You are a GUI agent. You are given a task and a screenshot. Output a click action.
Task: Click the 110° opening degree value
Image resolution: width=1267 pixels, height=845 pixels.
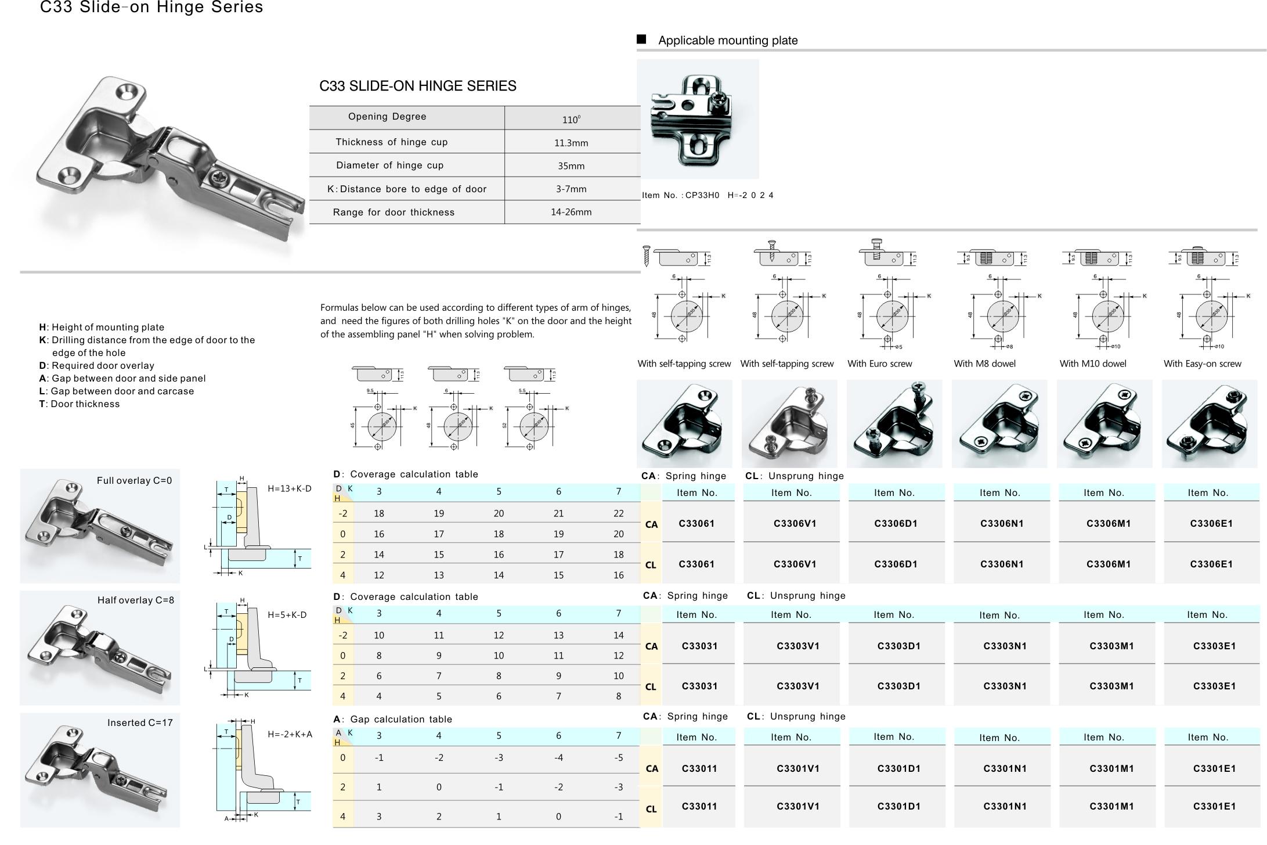click(571, 120)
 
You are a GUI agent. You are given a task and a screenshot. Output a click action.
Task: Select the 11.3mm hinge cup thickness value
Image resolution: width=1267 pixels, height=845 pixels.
click(571, 143)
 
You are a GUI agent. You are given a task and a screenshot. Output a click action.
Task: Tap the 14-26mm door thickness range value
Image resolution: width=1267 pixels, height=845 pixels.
click(571, 212)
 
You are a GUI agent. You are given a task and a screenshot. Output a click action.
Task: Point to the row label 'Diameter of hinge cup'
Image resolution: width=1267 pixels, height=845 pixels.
click(389, 166)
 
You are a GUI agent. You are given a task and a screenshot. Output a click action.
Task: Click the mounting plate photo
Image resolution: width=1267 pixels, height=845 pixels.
click(697, 119)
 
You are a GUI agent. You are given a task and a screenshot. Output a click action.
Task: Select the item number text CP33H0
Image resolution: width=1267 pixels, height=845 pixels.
click(702, 195)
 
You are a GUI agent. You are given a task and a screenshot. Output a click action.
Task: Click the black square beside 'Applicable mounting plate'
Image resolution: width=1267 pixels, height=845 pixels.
click(641, 39)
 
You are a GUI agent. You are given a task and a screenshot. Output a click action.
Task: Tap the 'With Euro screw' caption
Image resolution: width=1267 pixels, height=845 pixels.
click(879, 364)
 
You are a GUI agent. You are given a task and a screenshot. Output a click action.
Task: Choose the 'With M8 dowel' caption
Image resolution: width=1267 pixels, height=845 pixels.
click(984, 364)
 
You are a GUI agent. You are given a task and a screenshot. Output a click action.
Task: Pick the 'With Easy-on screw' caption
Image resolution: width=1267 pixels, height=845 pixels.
click(1202, 364)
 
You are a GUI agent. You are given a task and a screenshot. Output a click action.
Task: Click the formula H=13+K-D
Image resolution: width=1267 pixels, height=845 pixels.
click(289, 489)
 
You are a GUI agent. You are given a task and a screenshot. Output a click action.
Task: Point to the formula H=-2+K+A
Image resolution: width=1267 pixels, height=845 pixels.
click(290, 735)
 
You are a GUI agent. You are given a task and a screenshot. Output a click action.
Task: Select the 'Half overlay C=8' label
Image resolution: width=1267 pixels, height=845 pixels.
click(135, 601)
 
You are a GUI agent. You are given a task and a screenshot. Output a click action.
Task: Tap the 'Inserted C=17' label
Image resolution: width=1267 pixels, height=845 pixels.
click(140, 723)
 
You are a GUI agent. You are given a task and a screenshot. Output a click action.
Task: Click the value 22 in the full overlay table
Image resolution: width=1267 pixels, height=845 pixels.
click(618, 513)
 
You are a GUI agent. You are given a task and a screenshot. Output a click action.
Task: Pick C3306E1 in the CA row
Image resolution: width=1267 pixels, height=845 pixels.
click(1211, 524)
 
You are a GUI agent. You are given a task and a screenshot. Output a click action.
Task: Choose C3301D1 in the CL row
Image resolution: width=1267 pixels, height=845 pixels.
click(898, 807)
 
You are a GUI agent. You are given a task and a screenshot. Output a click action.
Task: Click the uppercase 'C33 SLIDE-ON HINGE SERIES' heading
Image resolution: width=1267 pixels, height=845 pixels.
click(417, 87)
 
